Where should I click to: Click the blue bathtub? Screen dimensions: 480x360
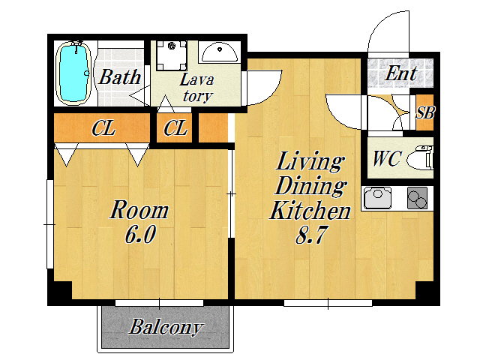click(x=73, y=73)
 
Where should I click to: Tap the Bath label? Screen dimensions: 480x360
click(x=120, y=76)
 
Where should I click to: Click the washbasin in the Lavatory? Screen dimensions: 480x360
click(x=220, y=52)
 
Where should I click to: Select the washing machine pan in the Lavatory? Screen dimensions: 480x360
click(x=172, y=55)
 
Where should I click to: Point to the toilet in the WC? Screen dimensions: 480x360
click(x=420, y=158)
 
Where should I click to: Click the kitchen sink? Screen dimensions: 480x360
click(x=378, y=197)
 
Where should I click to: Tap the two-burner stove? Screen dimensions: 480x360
click(x=417, y=198)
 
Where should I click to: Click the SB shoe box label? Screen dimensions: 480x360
click(x=425, y=112)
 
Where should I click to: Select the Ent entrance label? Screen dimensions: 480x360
click(x=400, y=73)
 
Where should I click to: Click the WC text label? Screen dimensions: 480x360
click(x=387, y=158)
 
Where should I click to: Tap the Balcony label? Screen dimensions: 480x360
click(x=166, y=327)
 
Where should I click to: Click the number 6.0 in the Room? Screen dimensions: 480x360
click(x=140, y=234)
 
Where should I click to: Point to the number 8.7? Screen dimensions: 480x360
click(x=310, y=235)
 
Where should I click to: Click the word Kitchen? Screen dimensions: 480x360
click(x=310, y=210)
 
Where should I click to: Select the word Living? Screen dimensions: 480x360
click(x=309, y=161)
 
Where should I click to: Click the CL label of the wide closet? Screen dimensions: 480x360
click(x=103, y=128)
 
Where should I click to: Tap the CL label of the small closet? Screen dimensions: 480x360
click(x=175, y=128)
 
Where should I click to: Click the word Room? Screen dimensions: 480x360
click(x=139, y=210)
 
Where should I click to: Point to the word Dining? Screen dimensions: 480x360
click(x=310, y=186)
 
